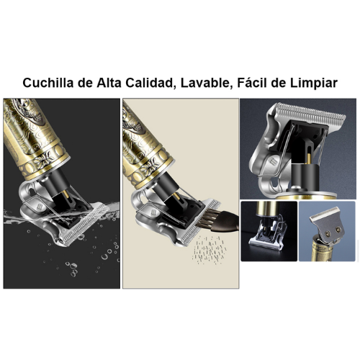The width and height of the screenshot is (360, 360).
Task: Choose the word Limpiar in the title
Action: pyautogui.click(x=315, y=83)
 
